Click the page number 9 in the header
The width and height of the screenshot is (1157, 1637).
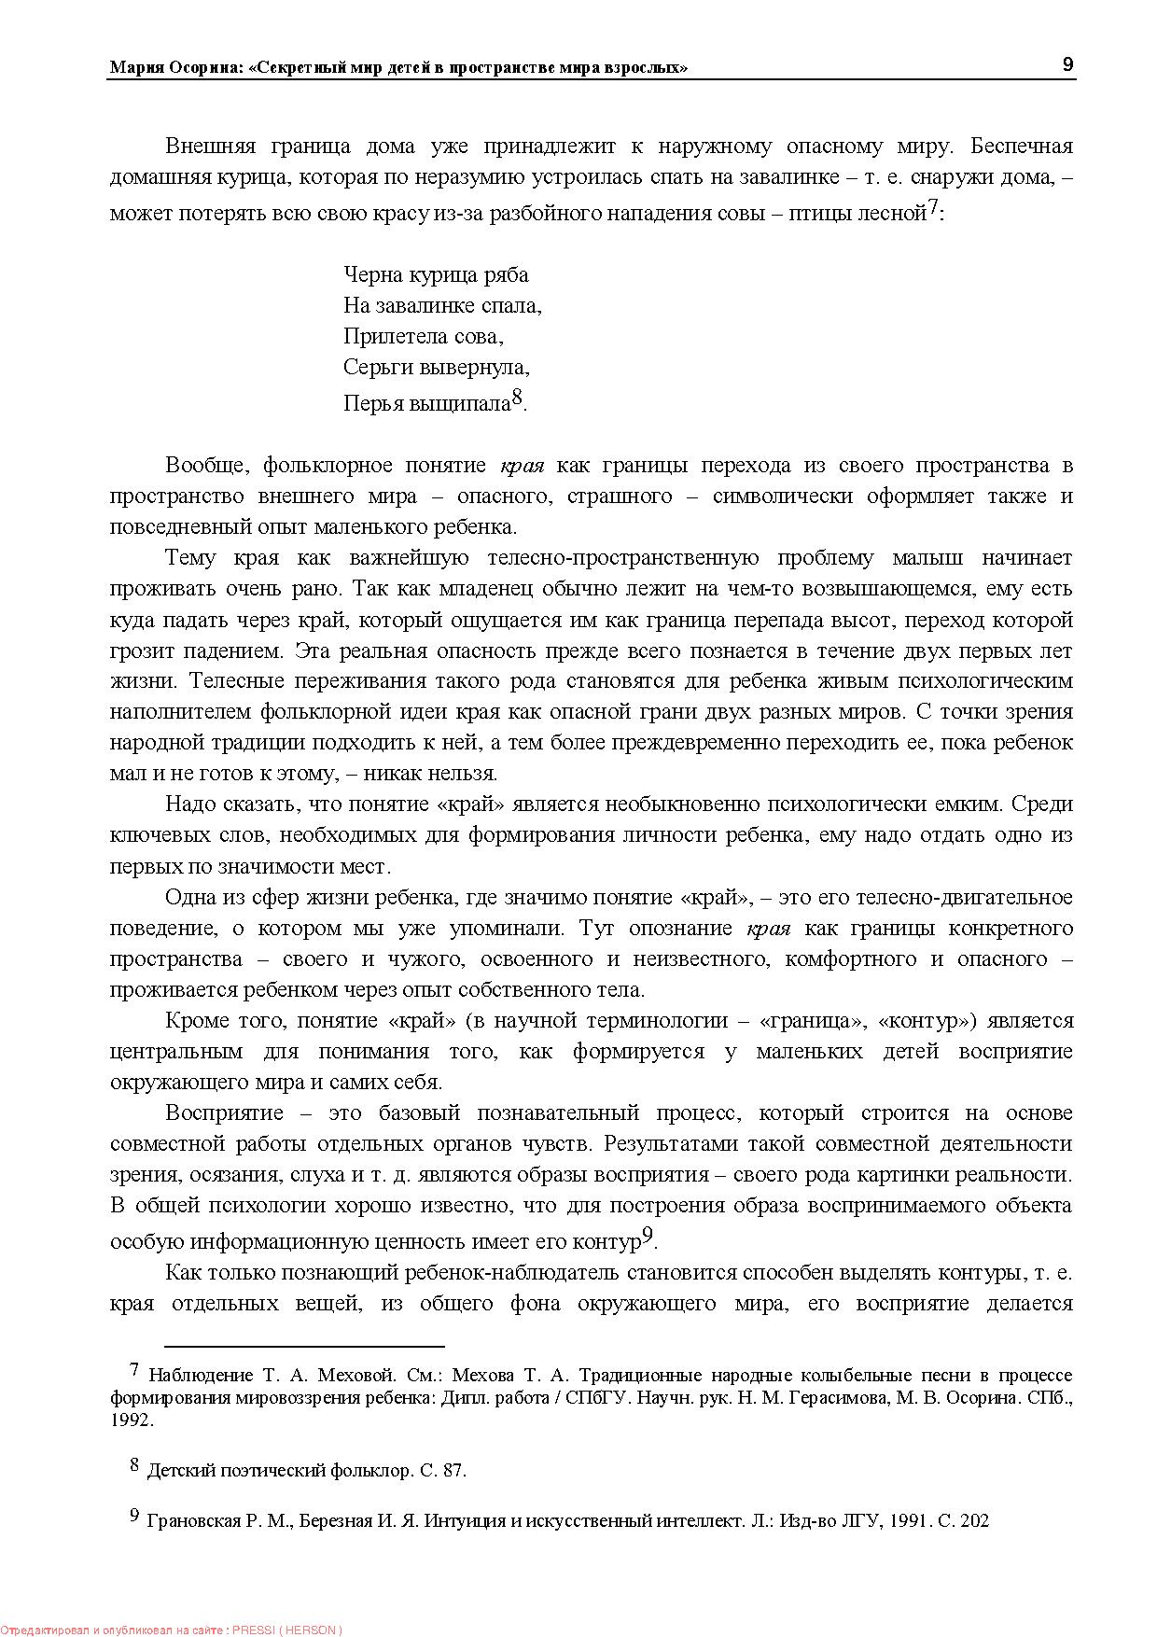1067,64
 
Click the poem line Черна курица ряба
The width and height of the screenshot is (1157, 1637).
436,274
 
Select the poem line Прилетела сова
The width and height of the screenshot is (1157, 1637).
423,336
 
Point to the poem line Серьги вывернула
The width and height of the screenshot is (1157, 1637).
436,367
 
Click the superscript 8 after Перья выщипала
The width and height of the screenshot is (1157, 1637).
518,399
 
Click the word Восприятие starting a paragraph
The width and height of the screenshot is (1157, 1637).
224,1112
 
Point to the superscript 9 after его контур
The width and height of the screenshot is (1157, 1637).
649,1237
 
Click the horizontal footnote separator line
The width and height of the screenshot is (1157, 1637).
304,1347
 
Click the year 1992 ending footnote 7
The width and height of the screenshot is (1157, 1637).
130,1420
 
